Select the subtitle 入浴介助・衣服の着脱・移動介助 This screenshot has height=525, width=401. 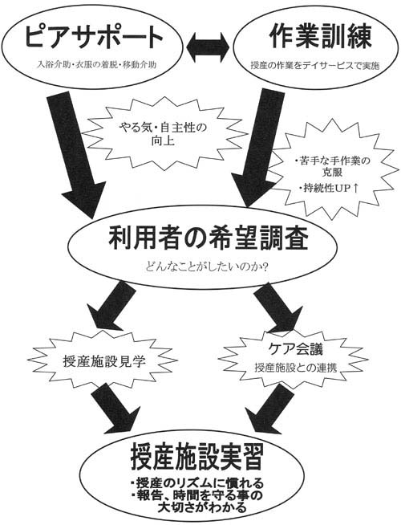[x=96, y=65]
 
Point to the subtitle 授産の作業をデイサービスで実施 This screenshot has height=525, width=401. [x=315, y=66]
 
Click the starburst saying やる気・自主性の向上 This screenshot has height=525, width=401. [x=163, y=133]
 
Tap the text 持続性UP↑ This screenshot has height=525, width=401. [x=330, y=189]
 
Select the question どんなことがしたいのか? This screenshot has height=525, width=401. [x=208, y=267]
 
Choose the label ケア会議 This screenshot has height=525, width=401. [x=296, y=349]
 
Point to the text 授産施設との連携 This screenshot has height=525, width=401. [x=296, y=368]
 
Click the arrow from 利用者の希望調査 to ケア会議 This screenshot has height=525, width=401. [x=277, y=307]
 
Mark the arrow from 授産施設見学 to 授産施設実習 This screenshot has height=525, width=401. [x=115, y=406]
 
